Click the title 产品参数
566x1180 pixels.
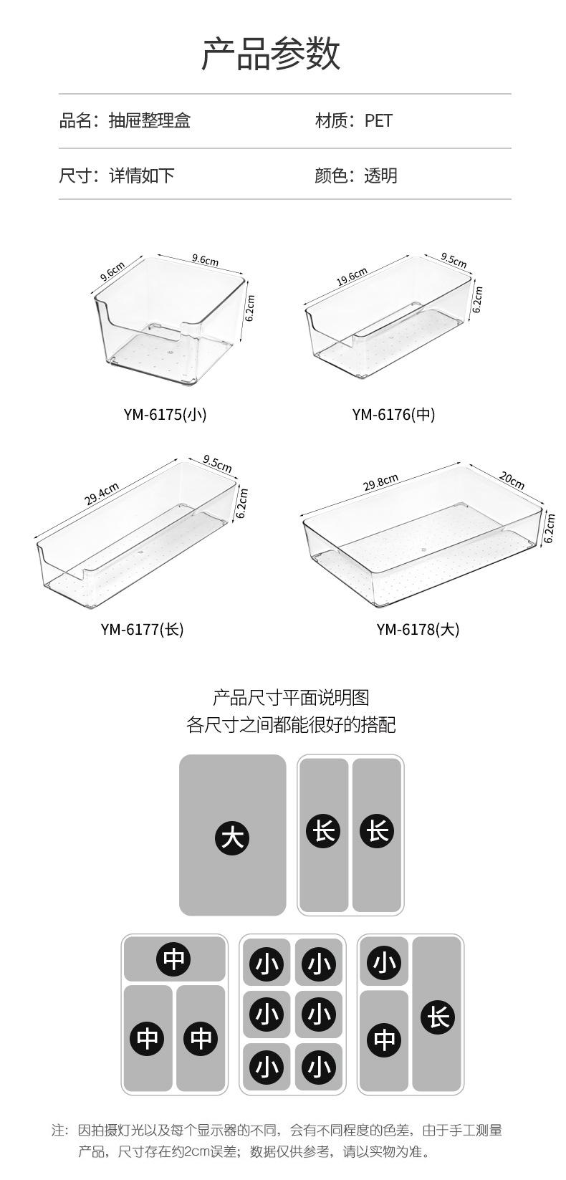coord(270,54)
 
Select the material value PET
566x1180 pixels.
coord(378,120)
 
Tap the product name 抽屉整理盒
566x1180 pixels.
coord(149,120)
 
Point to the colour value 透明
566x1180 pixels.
coord(380,176)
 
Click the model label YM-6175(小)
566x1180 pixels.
coord(165,414)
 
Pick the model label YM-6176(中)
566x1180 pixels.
coord(393,414)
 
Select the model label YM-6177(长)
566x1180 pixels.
coord(142,629)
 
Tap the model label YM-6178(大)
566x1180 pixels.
coord(418,629)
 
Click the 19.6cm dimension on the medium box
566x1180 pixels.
coord(352,277)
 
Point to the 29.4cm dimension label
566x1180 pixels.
coord(102,494)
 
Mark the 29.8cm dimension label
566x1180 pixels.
coord(380,482)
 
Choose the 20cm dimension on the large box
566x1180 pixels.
coord(512,480)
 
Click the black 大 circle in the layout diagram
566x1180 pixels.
coord(232,837)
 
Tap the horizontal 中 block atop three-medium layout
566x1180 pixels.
coord(174,959)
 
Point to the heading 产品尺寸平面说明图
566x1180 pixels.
coord(291,697)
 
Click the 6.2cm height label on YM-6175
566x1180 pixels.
coord(250,308)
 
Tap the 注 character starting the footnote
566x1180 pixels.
coord(59,1130)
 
